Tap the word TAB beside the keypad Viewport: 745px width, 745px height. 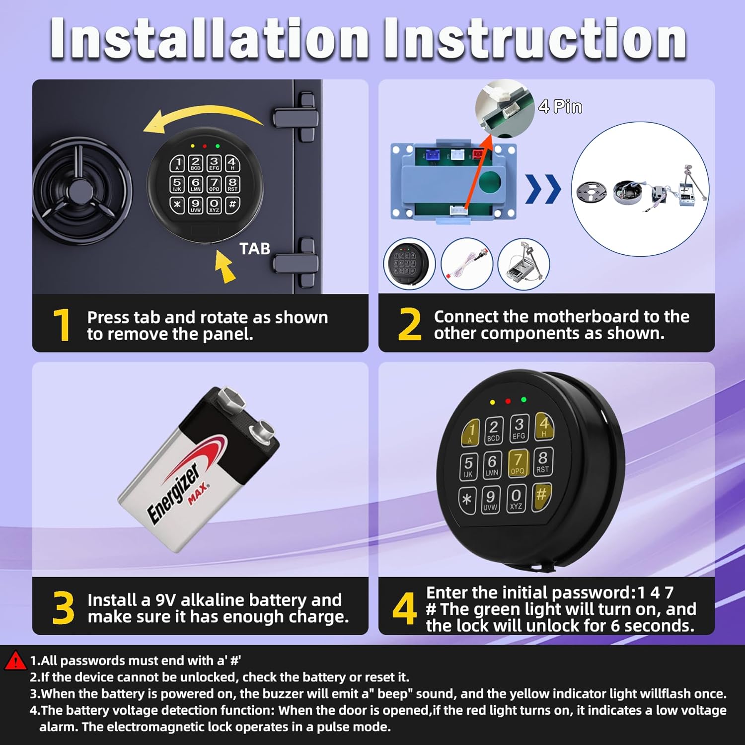(x=254, y=248)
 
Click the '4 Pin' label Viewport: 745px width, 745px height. (x=560, y=106)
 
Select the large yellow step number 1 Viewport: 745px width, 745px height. (x=62, y=325)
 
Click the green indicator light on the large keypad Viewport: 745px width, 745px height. (x=523, y=399)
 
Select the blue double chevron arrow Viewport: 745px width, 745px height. (x=543, y=189)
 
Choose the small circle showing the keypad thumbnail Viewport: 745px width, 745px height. (x=409, y=263)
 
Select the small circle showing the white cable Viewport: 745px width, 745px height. (x=467, y=263)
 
